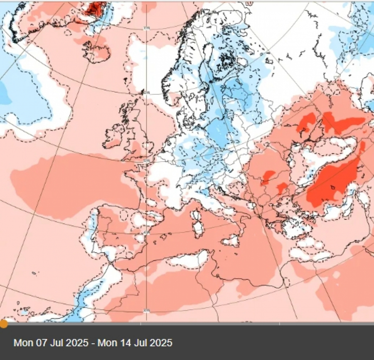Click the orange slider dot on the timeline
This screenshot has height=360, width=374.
pyautogui.click(x=3, y=323)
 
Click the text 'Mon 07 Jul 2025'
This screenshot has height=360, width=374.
pyautogui.click(x=51, y=343)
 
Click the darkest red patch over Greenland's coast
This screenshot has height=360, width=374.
pyautogui.click(x=96, y=7)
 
